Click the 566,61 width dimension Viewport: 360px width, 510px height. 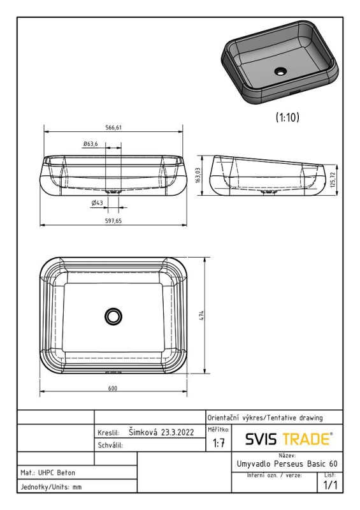tap(113, 127)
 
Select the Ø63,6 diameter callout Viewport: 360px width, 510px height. tap(90, 144)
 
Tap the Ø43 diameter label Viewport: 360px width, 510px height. tap(97, 203)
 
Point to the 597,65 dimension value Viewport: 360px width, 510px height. tap(113, 221)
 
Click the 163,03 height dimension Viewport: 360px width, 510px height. tap(198, 176)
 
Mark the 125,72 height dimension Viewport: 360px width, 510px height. tap(333, 180)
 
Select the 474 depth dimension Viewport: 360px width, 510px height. tap(201, 316)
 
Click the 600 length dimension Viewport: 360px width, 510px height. tap(113, 388)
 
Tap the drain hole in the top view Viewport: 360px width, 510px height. tap(113, 316)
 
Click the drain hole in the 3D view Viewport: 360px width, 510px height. tap(280, 71)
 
